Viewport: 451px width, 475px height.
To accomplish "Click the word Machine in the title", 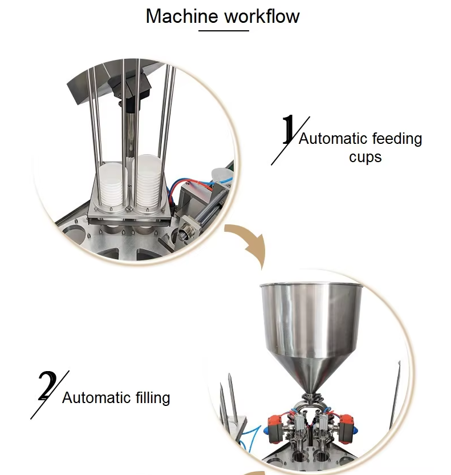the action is coord(181,16).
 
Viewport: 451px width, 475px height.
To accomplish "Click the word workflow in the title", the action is coord(262,16).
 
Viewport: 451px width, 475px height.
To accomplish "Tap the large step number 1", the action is coord(288,130).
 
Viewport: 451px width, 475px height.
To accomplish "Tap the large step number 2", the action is coord(47,385).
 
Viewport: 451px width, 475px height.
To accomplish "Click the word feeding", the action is coord(397,139).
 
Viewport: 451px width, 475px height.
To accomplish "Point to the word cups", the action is coord(365,157).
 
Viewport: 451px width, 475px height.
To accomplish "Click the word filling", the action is coord(153,398).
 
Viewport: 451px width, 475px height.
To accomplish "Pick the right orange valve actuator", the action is coord(346,427).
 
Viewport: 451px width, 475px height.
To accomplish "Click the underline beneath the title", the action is coord(224,31).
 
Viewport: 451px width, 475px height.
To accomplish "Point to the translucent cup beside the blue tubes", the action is coord(220,176).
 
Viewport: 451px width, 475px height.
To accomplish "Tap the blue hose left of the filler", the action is coord(249,438).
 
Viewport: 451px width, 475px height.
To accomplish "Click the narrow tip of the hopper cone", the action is coord(311,394).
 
